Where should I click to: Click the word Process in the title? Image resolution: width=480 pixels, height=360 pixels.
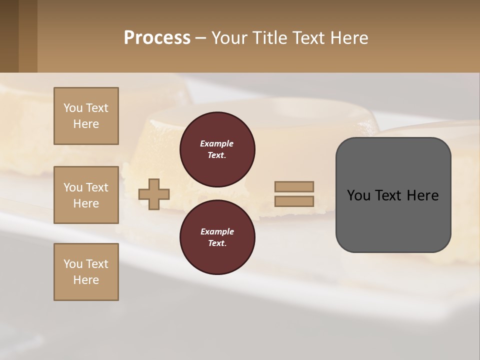[x=157, y=38]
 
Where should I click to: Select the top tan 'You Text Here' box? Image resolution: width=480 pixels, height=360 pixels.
[x=86, y=116]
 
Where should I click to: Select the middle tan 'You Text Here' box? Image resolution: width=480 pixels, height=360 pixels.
[x=86, y=195]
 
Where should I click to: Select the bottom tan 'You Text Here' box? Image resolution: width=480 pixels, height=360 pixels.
[x=86, y=272]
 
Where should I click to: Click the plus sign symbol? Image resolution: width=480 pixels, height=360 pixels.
[x=154, y=194]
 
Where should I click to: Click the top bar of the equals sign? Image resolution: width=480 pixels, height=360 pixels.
[x=294, y=186]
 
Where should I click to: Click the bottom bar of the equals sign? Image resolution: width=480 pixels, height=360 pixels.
[x=294, y=201]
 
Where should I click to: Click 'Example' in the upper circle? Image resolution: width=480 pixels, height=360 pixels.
[x=216, y=143]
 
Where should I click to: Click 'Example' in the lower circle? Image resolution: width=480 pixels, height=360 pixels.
[x=217, y=231]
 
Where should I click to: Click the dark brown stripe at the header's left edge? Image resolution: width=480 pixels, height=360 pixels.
[x=9, y=36]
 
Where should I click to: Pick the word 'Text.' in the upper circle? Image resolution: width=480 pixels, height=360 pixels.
[x=217, y=155]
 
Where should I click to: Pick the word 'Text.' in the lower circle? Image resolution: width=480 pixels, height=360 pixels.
[x=217, y=243]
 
